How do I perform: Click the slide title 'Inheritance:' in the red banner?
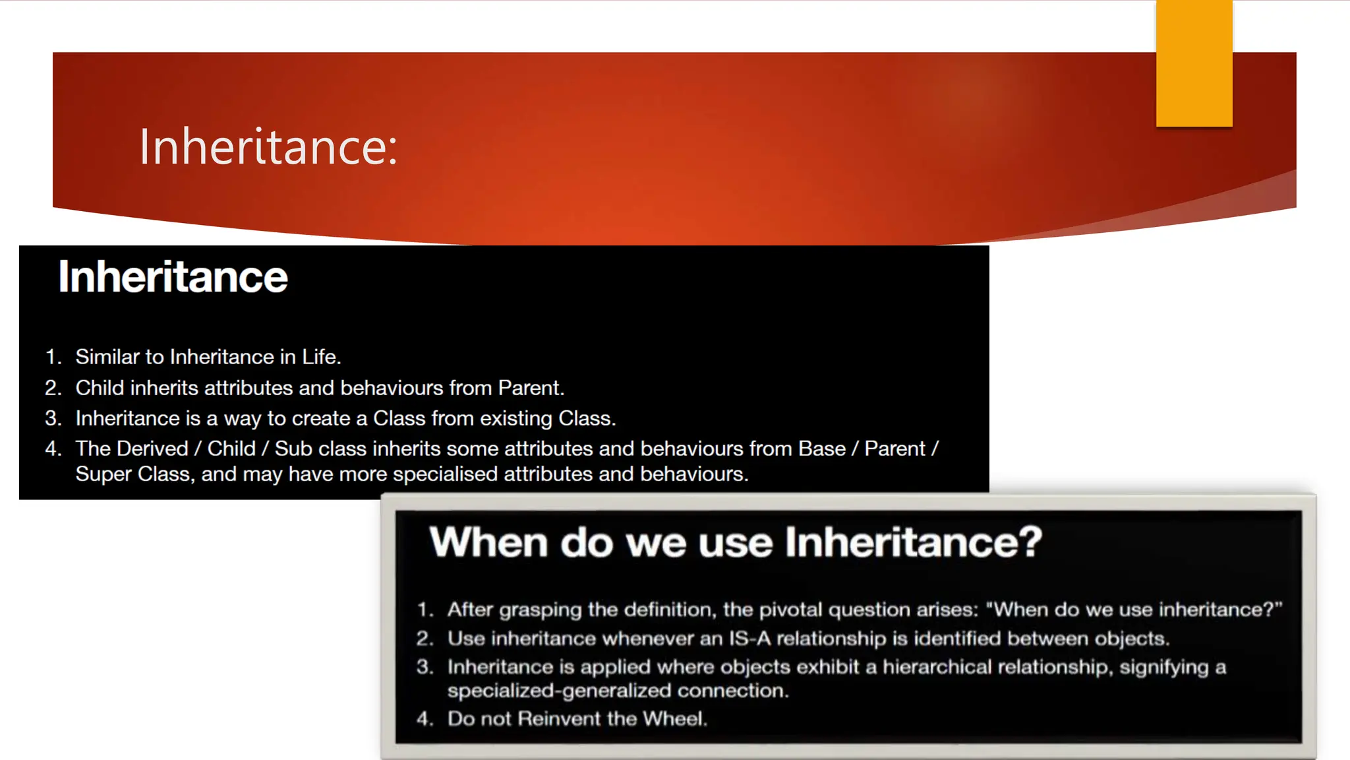(268, 146)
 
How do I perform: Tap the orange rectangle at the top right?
(1194, 63)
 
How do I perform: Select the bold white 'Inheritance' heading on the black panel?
(173, 276)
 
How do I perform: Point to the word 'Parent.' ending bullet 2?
(531, 388)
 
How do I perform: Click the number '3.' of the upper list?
(53, 418)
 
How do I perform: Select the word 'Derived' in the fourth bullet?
(152, 449)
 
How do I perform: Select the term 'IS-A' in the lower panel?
(749, 639)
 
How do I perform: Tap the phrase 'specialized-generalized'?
(559, 691)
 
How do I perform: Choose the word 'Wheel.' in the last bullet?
(675, 718)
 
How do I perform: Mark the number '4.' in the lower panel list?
(425, 718)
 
